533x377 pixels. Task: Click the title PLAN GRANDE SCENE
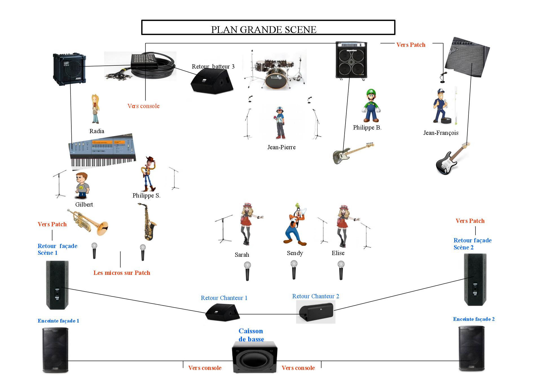pyautogui.click(x=264, y=30)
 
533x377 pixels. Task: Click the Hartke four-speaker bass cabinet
pyautogui.click(x=351, y=60)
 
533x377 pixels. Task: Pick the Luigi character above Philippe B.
pyautogui.click(x=371, y=106)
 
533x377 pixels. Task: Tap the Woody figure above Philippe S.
pyautogui.click(x=148, y=174)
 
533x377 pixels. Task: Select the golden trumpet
pyautogui.click(x=89, y=222)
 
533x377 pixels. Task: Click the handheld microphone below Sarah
pyautogui.click(x=247, y=271)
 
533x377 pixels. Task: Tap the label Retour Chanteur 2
pyautogui.click(x=315, y=296)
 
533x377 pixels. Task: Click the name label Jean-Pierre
pyautogui.click(x=281, y=147)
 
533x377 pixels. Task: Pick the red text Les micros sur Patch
pyautogui.click(x=122, y=273)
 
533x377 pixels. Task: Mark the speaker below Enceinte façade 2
pyautogui.click(x=471, y=348)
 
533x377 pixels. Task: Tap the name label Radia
pyautogui.click(x=97, y=131)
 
